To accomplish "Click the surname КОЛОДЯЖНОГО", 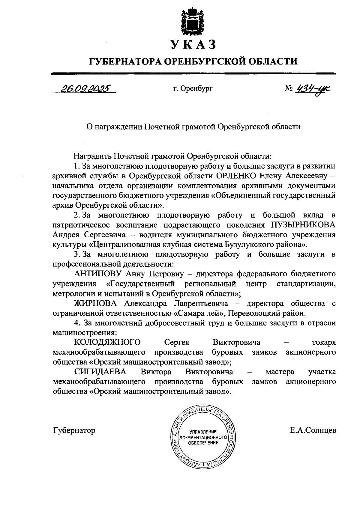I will click(x=107, y=342).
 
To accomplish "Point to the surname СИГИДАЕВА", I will click(x=100, y=372).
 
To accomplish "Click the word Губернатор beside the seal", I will click(x=74, y=431).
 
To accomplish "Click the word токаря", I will click(x=324, y=342).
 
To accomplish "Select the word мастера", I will click(x=280, y=372).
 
